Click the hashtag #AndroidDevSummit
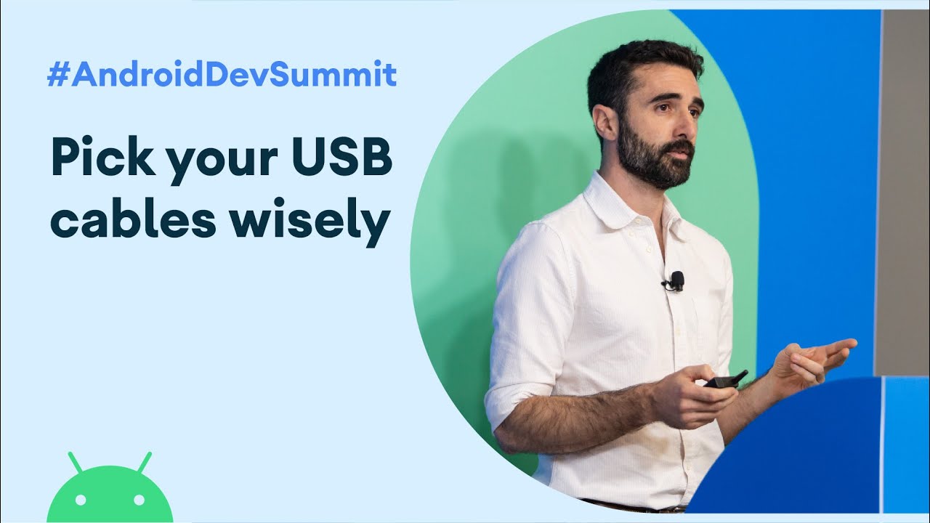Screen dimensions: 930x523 222,73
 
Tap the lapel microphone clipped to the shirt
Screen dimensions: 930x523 674,282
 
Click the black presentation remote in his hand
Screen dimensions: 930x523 725,379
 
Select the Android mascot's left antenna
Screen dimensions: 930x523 76,463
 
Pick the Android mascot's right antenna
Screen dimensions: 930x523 145,463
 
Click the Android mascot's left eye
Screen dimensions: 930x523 81,500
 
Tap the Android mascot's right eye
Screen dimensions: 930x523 139,500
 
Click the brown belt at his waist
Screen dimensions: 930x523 635,506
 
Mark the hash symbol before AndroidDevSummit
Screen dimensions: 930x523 57,74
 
